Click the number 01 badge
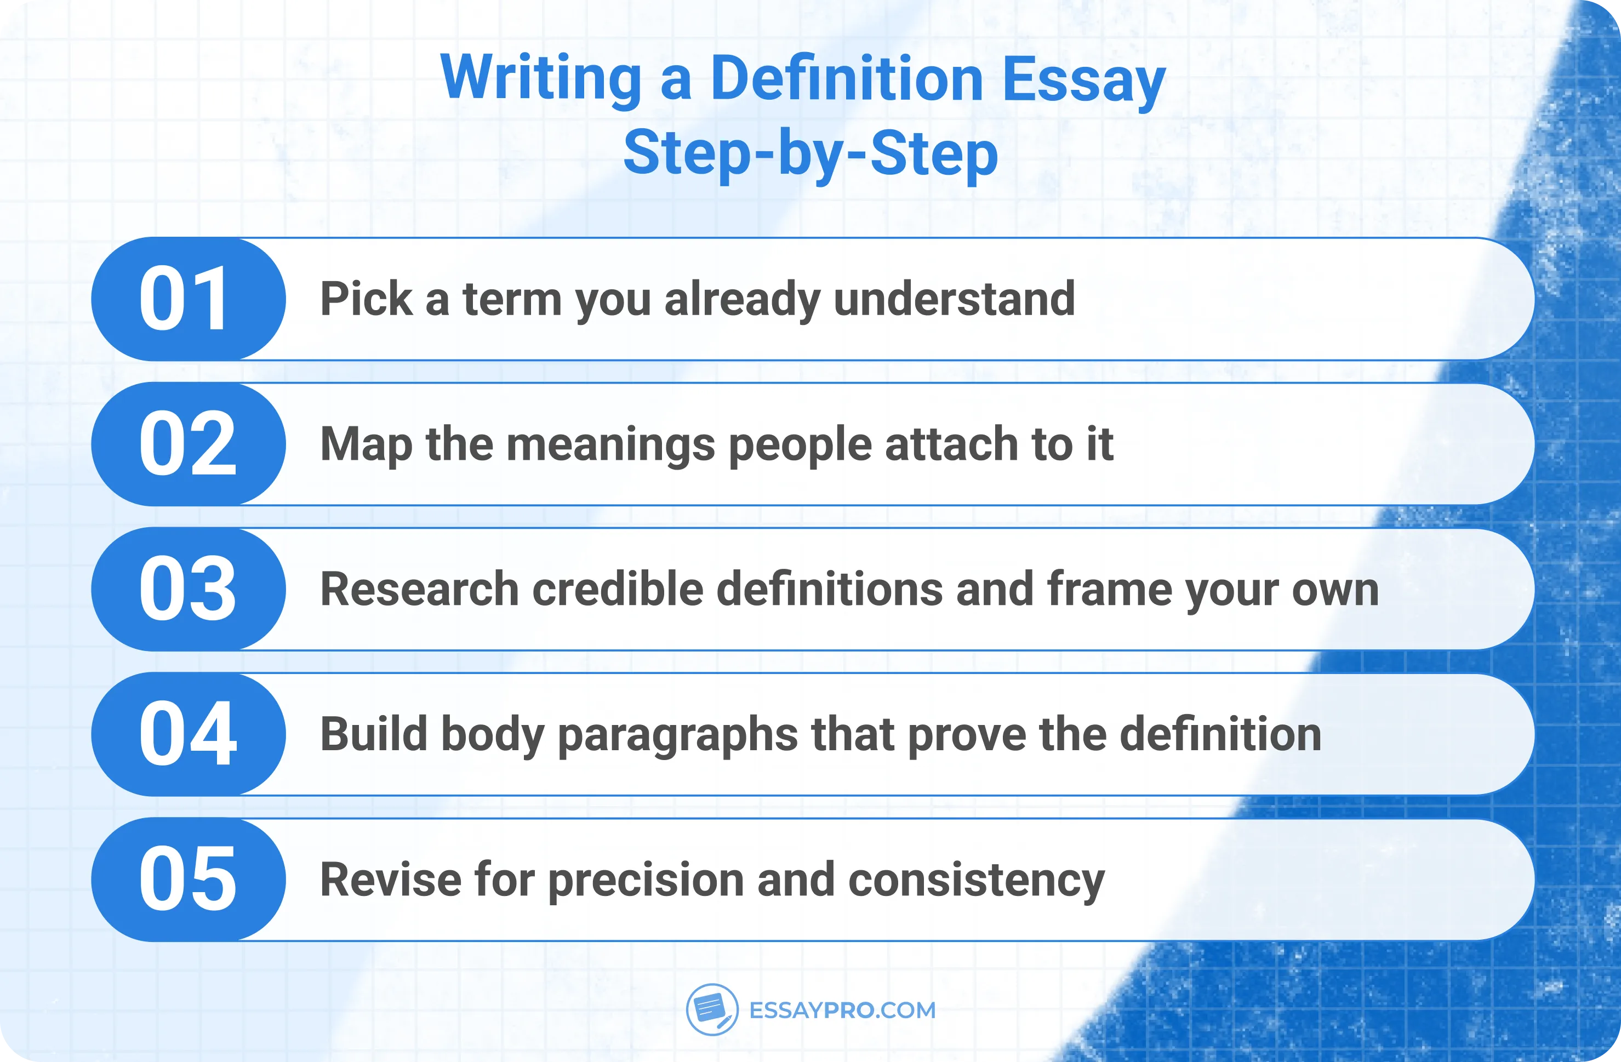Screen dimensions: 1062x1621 187,299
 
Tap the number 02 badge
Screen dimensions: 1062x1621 187,444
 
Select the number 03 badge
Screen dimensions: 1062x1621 187,589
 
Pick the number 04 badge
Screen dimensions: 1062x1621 187,734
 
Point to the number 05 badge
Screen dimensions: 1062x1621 187,880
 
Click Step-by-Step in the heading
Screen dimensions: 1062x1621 810,154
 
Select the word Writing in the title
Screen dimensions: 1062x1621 541,79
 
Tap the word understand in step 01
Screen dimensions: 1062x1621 954,299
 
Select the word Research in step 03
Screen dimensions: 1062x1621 419,589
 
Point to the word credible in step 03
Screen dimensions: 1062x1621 617,589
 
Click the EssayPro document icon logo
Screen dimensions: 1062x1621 712,1009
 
